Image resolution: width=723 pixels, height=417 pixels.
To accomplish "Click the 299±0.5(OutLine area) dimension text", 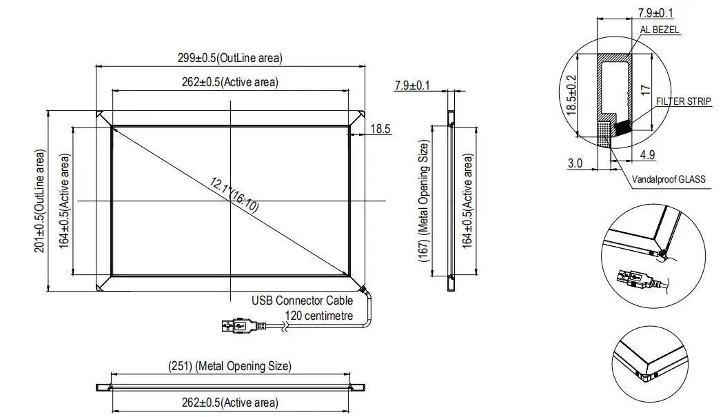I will point(230,58).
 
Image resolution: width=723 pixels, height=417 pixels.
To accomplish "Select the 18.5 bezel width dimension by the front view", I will point(380,128).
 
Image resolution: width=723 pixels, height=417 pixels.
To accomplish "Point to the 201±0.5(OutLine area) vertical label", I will point(39,201).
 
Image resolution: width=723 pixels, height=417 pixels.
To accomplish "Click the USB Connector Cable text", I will point(302,301).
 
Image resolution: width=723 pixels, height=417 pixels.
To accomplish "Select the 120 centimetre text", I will point(319,316).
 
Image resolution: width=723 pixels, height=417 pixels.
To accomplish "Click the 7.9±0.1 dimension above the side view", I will point(412,85).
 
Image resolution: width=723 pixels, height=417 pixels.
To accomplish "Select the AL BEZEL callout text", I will point(660,30).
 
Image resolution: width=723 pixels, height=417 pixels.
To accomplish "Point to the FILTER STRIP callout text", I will point(683,101).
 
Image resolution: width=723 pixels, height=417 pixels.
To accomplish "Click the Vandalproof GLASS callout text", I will point(669,179).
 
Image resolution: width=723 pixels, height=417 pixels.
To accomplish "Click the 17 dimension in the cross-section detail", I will point(646,90).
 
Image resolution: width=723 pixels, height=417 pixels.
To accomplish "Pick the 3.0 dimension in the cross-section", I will point(576,163).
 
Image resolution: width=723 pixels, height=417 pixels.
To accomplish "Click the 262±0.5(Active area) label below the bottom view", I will point(230,403).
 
